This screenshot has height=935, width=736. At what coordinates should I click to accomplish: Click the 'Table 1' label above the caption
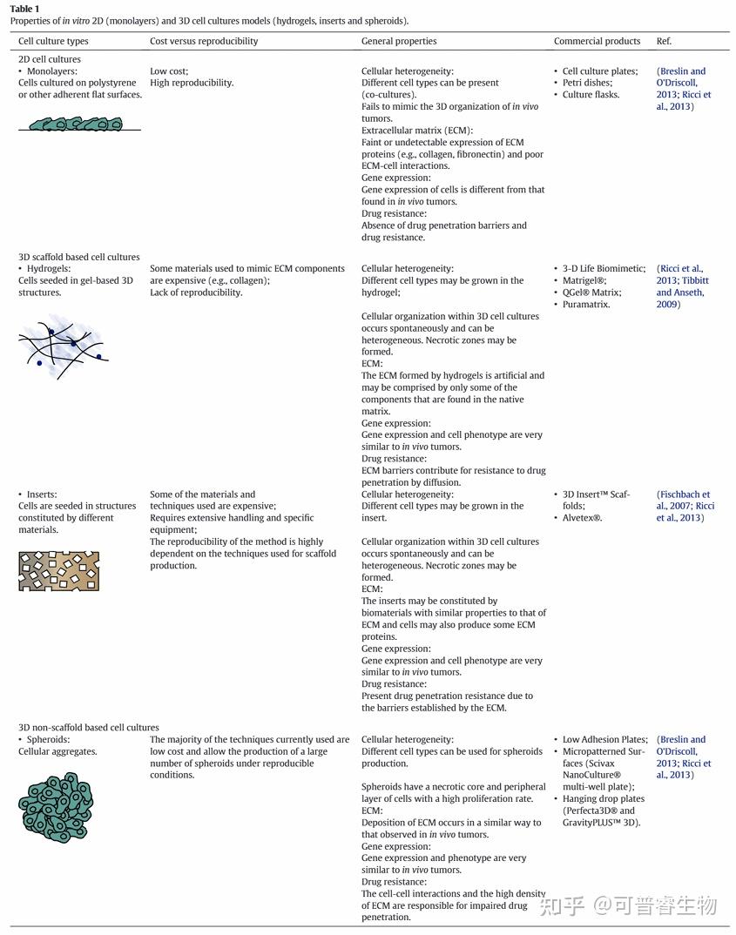[24, 9]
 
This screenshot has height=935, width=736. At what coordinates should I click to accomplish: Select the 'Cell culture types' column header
[53, 41]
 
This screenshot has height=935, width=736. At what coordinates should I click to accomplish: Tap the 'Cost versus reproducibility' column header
[204, 41]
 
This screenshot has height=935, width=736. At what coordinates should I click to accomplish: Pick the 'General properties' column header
[399, 41]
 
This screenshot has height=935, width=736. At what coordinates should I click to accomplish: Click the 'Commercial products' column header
[597, 41]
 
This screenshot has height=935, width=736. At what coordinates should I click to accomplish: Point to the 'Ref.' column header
[664, 41]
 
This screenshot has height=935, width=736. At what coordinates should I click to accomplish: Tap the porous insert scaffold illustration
[58, 570]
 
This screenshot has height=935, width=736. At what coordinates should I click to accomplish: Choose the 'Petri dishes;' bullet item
[587, 83]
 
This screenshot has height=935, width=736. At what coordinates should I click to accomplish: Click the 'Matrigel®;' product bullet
[584, 281]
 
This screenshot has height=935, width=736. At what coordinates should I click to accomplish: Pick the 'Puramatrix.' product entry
[586, 305]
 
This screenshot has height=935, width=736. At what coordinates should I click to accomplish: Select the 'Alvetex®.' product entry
[582, 518]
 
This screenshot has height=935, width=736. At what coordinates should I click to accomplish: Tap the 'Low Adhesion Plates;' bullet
[605, 740]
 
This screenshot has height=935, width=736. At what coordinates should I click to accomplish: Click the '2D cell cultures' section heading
[50, 59]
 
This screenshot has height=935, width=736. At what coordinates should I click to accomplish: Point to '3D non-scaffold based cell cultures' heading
[89, 728]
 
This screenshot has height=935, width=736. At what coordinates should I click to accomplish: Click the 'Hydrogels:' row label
[50, 269]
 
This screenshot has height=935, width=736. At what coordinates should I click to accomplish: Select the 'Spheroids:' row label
[49, 740]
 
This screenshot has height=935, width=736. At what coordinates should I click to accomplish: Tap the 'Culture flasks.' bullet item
[591, 95]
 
